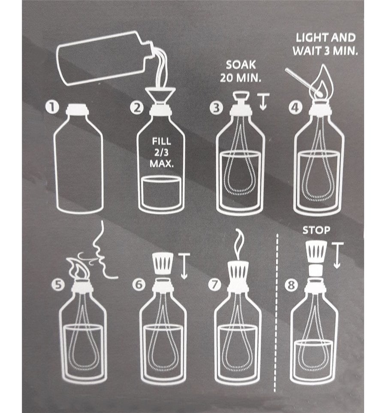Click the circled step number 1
coord(51,108)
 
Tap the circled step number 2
coord(137,108)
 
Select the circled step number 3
coord(216,108)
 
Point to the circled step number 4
coord(295,108)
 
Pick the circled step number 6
coord(139,285)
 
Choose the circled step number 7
coord(215,285)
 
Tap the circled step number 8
coord(291,285)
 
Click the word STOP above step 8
coord(316,230)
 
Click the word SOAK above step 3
coord(241,65)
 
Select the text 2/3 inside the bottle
coord(161,153)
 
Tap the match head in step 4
coord(320,93)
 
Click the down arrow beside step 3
coord(263,101)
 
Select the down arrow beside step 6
coord(184,266)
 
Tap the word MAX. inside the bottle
coord(162,164)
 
